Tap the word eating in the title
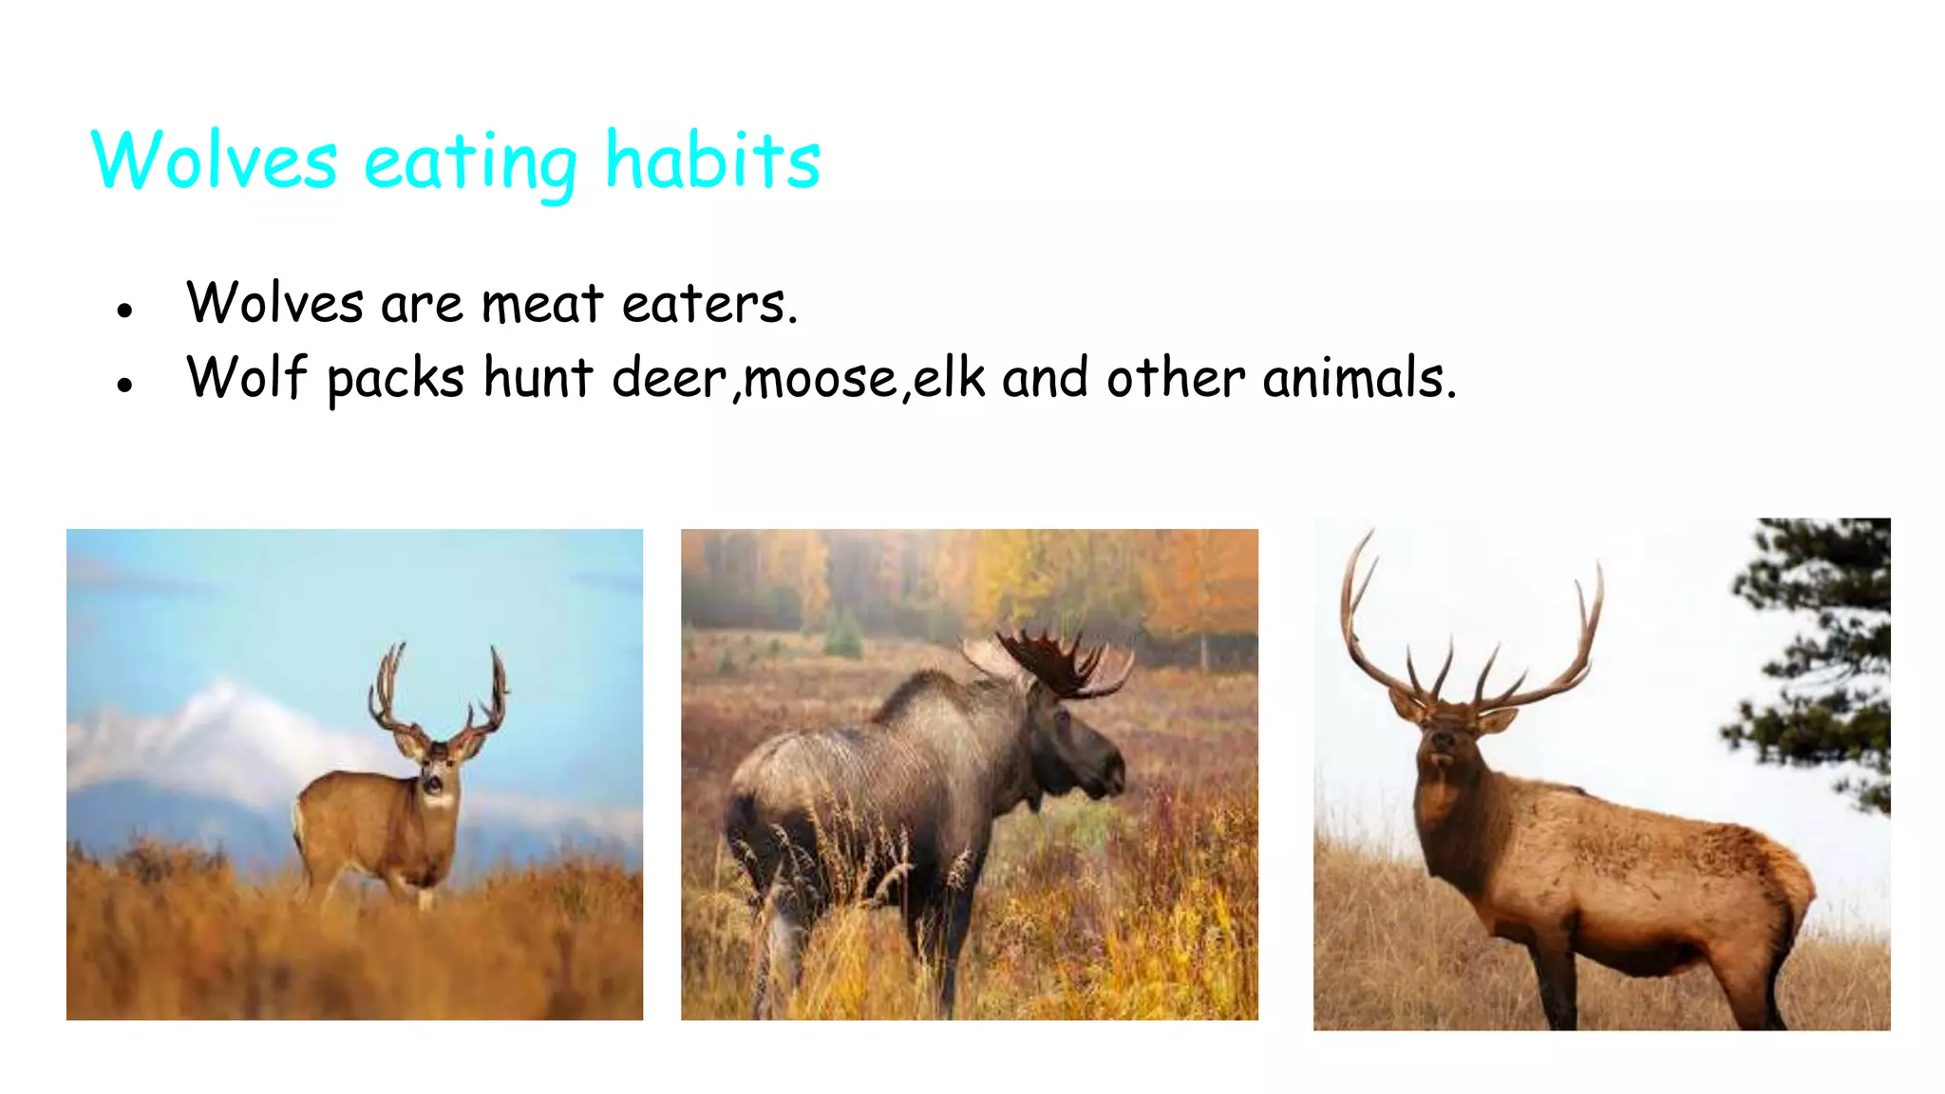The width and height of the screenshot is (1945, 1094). tap(470, 163)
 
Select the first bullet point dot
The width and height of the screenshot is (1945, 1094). tap(124, 310)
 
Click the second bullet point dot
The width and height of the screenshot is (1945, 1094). tap(124, 385)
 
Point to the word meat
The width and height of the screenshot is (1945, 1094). tap(542, 304)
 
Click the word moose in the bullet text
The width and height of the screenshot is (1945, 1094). tap(821, 379)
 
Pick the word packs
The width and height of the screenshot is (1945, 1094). tap(395, 380)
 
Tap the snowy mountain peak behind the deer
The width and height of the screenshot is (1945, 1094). tap(223, 703)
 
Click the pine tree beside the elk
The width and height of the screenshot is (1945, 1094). tap(1819, 665)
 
